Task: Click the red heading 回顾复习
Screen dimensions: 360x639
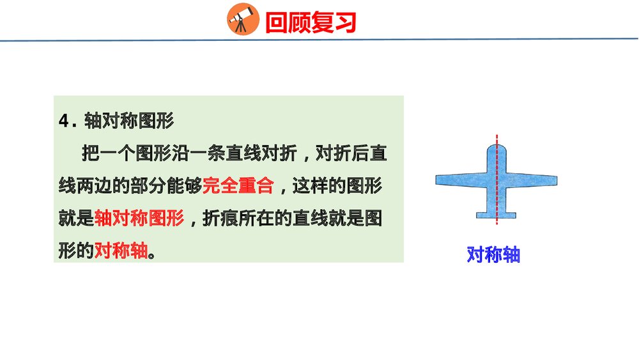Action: pyautogui.click(x=310, y=23)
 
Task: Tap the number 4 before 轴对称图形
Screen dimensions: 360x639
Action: pyautogui.click(x=63, y=121)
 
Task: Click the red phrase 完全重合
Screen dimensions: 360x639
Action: pyautogui.click(x=238, y=186)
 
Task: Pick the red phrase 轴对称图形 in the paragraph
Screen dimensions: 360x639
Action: pyautogui.click(x=139, y=218)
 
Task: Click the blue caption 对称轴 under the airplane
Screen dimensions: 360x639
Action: pyautogui.click(x=493, y=254)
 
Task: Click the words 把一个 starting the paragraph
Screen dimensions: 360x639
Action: pyautogui.click(x=108, y=153)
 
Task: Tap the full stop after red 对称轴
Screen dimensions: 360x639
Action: pyautogui.click(x=152, y=253)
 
